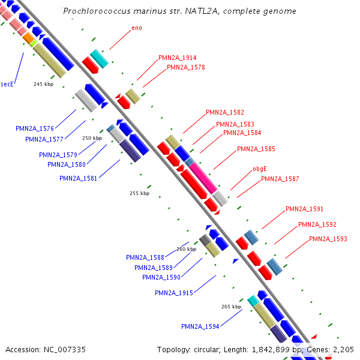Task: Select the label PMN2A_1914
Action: pyautogui.click(x=177, y=58)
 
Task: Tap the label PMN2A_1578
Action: pyautogui.click(x=186, y=67)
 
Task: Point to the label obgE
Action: pyautogui.click(x=259, y=169)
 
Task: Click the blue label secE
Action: pyautogui.click(x=7, y=85)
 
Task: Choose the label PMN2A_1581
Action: pyautogui.click(x=78, y=178)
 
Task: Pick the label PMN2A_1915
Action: pyautogui.click(x=173, y=293)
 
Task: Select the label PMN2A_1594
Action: pyautogui.click(x=200, y=326)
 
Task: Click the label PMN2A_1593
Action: pyautogui.click(x=328, y=239)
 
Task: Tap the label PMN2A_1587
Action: pyautogui.click(x=280, y=179)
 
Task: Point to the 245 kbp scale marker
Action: pyautogui.click(x=44, y=84)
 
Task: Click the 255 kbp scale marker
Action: pyautogui.click(x=140, y=193)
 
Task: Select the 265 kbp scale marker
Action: pyautogui.click(x=231, y=307)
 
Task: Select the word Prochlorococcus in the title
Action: pyautogui.click(x=92, y=11)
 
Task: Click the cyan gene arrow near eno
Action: pyautogui.click(x=100, y=58)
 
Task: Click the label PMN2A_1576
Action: pyautogui.click(x=35, y=128)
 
